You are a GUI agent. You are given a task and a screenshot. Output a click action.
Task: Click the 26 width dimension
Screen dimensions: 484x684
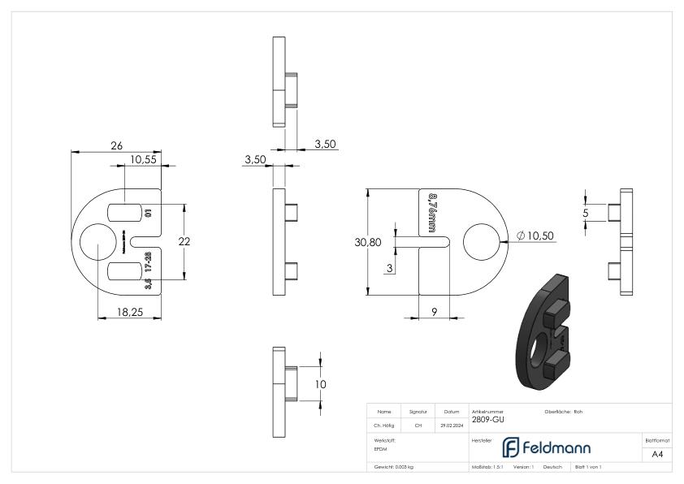tap(116, 145)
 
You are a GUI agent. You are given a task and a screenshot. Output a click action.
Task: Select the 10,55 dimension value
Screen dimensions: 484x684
tap(142, 160)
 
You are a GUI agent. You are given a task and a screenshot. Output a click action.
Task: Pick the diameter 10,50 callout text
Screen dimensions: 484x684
tap(537, 236)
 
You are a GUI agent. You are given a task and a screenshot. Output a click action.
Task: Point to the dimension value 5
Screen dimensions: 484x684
tap(585, 213)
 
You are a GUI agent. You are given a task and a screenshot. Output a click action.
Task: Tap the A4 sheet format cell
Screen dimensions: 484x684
tap(660, 453)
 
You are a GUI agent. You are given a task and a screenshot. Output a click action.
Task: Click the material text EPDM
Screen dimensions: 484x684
tap(380, 447)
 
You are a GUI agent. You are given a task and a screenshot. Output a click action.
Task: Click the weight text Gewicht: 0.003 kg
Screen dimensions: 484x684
tap(395, 468)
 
